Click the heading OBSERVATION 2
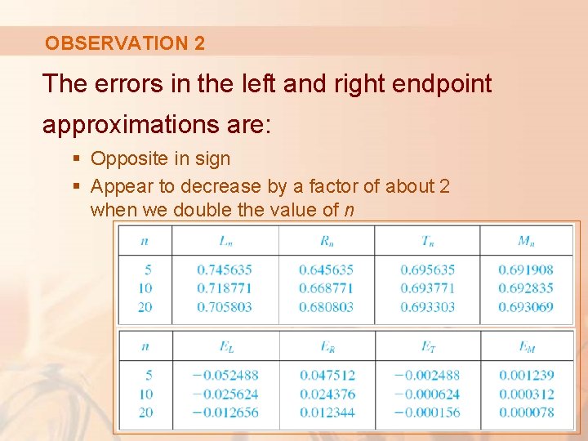[x=125, y=43]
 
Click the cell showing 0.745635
[x=224, y=269]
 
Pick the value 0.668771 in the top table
[x=326, y=288]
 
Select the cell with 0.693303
[x=428, y=307]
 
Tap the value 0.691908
[x=525, y=269]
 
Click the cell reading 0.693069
[x=525, y=307]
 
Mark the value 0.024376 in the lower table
[x=327, y=394]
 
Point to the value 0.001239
[x=526, y=375]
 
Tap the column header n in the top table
[x=145, y=240]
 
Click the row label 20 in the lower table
[x=145, y=412]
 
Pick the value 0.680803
[x=326, y=307]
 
